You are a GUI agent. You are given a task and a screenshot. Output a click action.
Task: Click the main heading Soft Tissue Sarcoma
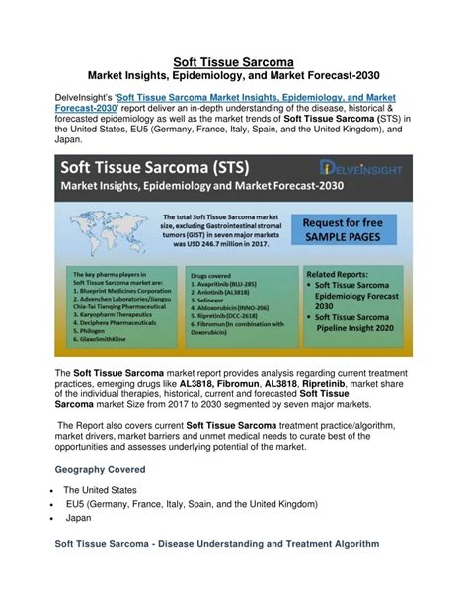pos(233,62)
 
